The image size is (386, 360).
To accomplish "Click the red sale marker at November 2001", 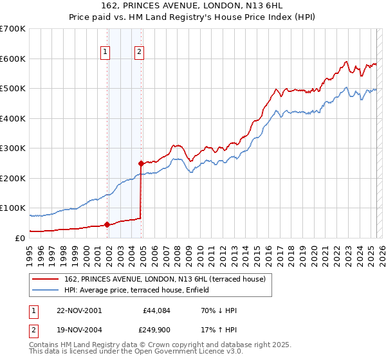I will tap(107, 224).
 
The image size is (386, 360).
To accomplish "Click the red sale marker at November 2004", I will tap(141, 163).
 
